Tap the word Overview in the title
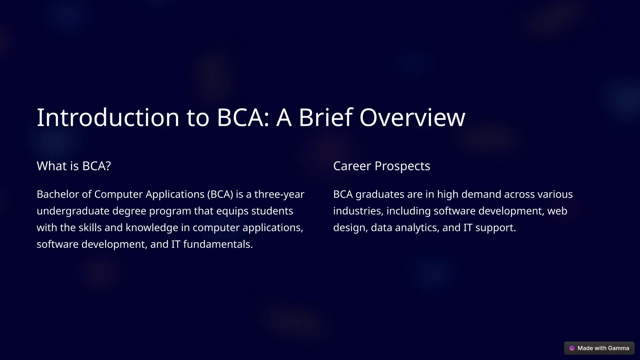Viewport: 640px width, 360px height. [x=412, y=117]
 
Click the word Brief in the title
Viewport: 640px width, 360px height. [x=325, y=117]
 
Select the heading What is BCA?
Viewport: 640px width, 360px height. [x=74, y=166]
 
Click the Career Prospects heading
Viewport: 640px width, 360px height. [x=382, y=166]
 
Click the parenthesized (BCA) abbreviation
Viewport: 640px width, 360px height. [x=220, y=194]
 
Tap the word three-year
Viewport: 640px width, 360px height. [x=279, y=194]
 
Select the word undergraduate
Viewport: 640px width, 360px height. [x=73, y=211]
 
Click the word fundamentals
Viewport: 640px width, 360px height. [x=218, y=244]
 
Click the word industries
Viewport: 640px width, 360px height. [x=358, y=211]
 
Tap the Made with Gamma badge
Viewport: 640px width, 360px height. [x=599, y=348]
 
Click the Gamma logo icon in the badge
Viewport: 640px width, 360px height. [x=572, y=348]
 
